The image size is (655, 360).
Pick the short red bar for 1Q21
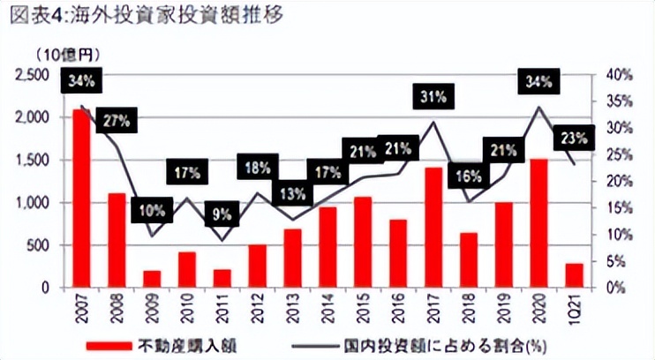(x=574, y=275)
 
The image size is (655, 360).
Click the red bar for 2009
(x=152, y=278)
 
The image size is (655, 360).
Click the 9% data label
(x=222, y=213)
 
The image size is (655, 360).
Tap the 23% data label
(x=574, y=138)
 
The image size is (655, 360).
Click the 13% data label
(x=292, y=191)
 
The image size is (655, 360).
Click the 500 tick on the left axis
(x=42, y=245)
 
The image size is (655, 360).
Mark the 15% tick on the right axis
(x=619, y=208)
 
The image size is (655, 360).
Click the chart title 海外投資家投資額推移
(x=158, y=15)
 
